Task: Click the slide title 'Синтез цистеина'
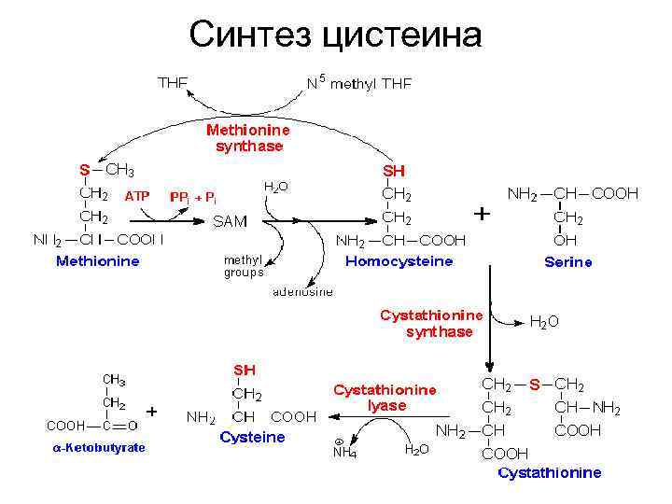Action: click(335, 35)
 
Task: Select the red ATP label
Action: click(136, 196)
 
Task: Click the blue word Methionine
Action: click(98, 261)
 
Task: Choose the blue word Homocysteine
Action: click(399, 261)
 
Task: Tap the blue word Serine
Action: click(568, 262)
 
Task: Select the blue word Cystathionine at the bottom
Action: click(550, 472)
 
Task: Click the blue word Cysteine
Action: click(252, 437)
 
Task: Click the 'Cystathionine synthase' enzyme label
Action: click(431, 323)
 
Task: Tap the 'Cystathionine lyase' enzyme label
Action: click(385, 398)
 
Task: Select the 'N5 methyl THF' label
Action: click(359, 82)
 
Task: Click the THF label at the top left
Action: click(173, 82)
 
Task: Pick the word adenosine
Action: click(303, 291)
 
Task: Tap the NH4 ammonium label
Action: click(343, 453)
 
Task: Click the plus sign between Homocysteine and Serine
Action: click(482, 214)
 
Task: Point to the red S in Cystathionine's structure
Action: click(535, 384)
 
